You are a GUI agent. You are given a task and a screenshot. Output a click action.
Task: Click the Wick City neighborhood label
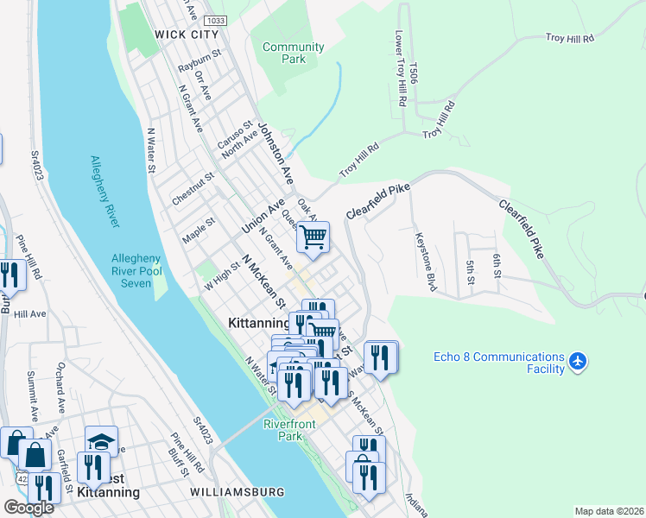(x=187, y=35)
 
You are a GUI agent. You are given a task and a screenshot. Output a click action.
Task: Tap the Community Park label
(x=294, y=54)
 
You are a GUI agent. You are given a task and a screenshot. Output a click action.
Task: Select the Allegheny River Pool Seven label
(x=136, y=271)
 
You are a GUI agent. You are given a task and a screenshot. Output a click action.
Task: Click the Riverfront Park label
(x=289, y=430)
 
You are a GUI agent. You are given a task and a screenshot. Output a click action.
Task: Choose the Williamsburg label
(x=237, y=492)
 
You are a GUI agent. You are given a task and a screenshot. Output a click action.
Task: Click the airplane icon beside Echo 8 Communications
(x=578, y=363)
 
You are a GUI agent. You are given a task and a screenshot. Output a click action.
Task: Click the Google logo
(x=28, y=508)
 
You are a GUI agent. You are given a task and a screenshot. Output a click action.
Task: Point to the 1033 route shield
(x=216, y=20)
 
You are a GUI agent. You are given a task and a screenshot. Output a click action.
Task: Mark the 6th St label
(x=497, y=266)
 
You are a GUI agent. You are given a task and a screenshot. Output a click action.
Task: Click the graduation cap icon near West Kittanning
(x=101, y=440)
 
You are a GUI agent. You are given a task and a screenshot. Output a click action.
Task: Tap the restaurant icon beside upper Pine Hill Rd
(x=9, y=275)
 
